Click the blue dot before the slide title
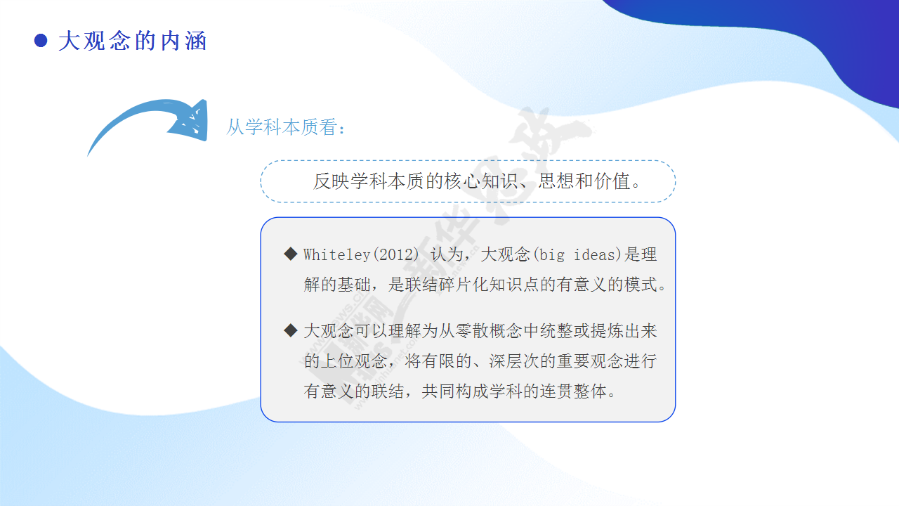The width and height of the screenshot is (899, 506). [41, 41]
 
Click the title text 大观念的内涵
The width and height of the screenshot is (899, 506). [133, 41]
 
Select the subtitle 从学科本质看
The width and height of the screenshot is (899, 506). [282, 127]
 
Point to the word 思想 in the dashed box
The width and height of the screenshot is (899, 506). [556, 181]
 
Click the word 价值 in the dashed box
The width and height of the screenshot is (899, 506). [612, 181]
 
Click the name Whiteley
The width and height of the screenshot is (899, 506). [336, 254]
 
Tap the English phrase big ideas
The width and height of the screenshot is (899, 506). [577, 254]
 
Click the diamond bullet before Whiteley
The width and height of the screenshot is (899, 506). [291, 254]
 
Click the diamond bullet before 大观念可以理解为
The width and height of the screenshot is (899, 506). [291, 330]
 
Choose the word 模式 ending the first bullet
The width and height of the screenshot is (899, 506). [641, 285]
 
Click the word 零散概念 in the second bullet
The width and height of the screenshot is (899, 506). [489, 331]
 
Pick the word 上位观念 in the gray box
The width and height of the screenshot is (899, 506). [354, 361]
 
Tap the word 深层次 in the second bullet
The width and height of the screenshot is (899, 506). [514, 361]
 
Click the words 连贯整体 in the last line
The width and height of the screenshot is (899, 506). [573, 391]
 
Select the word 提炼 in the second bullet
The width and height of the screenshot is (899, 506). [608, 331]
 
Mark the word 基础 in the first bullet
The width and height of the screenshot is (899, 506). [354, 285]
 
